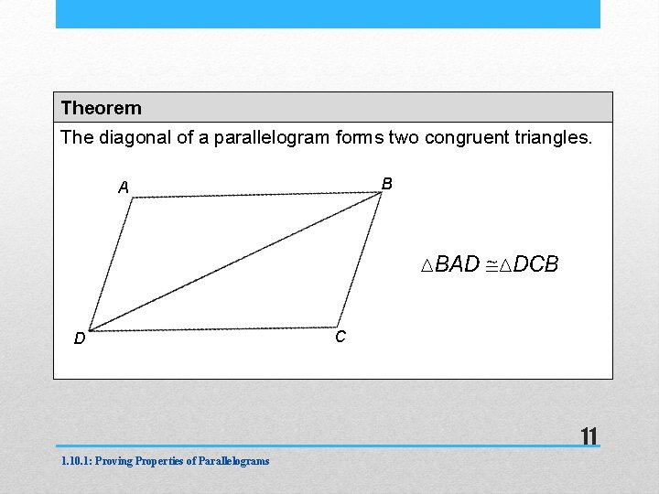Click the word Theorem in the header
click(102, 108)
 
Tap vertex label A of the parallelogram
click(124, 188)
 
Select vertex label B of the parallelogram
click(387, 184)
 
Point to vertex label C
click(340, 338)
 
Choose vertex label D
click(80, 339)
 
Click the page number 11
click(589, 436)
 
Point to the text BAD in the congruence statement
click(457, 264)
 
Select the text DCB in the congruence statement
click(535, 264)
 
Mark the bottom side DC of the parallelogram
click(215, 328)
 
